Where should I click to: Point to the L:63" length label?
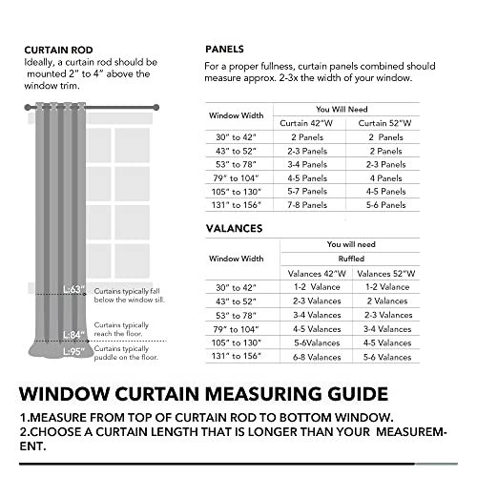click(74, 289)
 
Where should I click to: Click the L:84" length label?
click(74, 334)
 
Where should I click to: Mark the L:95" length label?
click(74, 351)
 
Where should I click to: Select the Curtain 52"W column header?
click(384, 123)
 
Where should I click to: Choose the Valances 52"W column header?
click(388, 274)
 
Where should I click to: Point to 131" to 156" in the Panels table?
click(237, 205)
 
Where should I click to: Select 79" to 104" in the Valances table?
click(237, 328)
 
